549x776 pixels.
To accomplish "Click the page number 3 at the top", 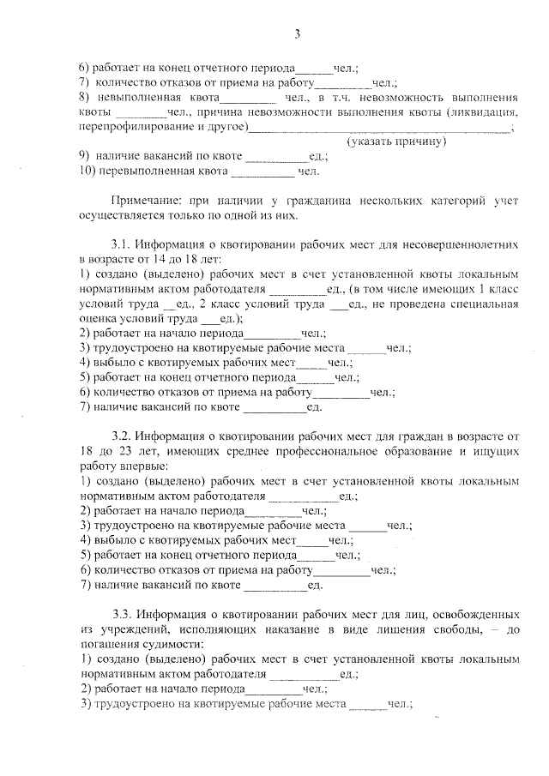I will pos(297,34).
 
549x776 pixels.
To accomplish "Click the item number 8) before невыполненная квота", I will pos(83,98).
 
